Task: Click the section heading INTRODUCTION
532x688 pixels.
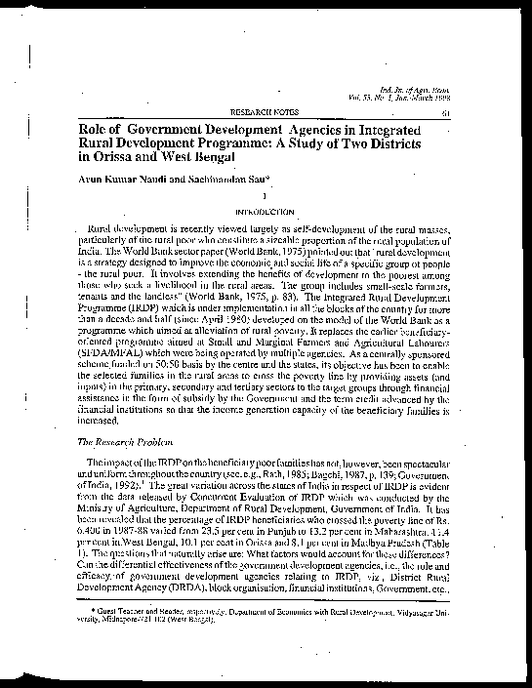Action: [x=262, y=211]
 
